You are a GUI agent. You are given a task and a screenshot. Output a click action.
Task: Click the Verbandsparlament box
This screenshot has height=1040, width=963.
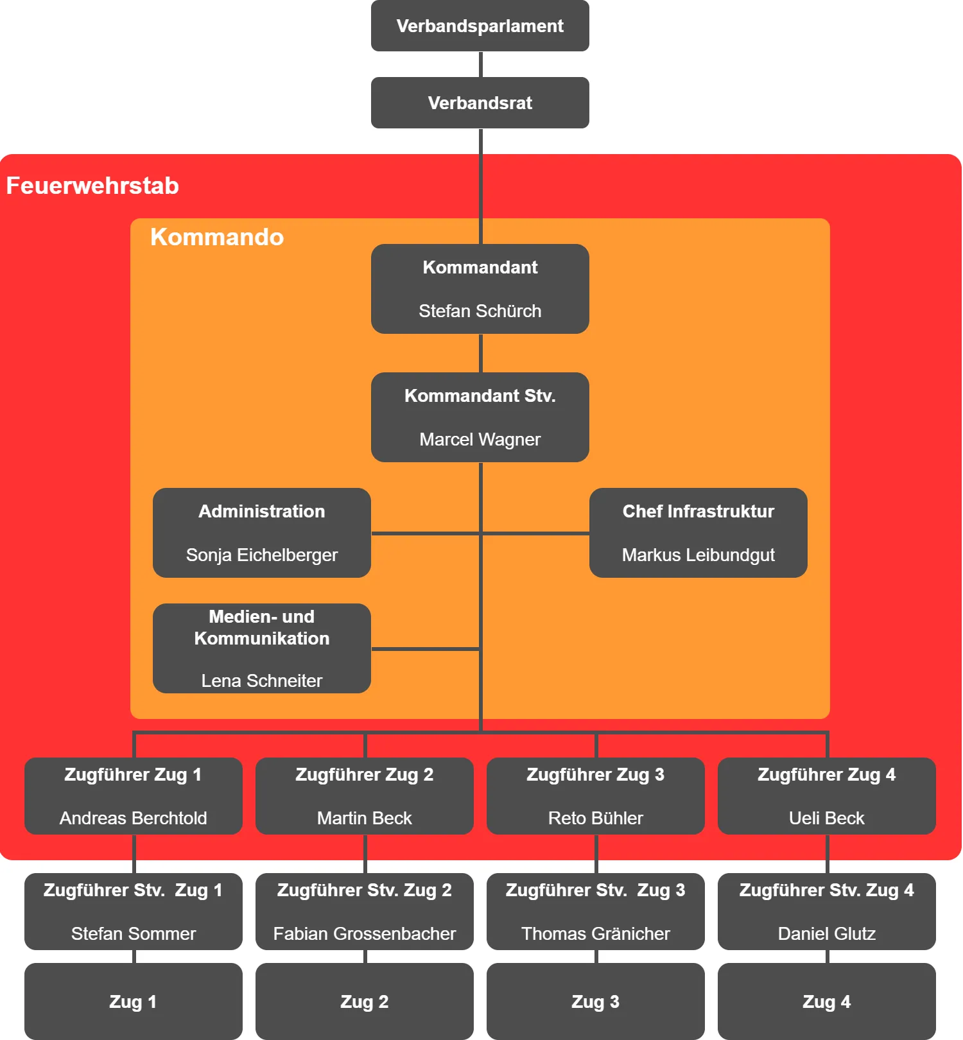pos(480,26)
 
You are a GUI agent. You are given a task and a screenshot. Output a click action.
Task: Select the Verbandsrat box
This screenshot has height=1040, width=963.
pos(480,103)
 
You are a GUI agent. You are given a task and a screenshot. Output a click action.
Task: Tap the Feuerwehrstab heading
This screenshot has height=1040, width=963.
pos(92,186)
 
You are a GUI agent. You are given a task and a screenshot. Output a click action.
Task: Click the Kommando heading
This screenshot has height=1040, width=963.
pos(217,237)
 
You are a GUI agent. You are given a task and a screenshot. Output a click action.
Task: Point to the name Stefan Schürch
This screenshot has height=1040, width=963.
pos(480,311)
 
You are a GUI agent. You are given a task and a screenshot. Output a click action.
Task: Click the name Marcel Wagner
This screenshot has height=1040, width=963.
pos(480,439)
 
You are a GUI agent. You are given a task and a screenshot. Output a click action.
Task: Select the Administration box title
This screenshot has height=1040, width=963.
pos(262,511)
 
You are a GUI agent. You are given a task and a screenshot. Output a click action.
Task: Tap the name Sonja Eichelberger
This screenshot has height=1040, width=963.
pos(262,555)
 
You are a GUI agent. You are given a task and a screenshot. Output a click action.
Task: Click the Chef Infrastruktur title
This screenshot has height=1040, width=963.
pos(698,511)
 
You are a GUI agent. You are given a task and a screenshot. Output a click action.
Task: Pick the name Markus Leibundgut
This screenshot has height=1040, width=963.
pos(698,555)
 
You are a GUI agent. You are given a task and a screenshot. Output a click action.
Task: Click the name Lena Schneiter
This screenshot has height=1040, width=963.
pos(262,680)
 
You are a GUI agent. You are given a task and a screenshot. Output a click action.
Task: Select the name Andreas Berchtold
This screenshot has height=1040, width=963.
pos(134,818)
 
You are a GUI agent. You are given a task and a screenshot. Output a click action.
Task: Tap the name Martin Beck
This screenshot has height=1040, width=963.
pos(365,818)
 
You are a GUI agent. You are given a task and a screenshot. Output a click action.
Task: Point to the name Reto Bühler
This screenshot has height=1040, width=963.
pos(596,818)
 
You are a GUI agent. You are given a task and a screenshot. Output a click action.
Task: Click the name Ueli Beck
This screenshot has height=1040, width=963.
pos(827,818)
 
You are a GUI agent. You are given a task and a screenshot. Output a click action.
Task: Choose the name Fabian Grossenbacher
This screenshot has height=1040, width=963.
pos(365,933)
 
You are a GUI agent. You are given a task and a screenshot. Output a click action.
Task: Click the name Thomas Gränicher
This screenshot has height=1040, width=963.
pos(596,933)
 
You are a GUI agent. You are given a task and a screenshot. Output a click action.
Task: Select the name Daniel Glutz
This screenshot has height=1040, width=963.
pos(827,933)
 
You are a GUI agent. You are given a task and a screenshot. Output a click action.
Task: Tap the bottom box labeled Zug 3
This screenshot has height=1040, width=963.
pos(596,1001)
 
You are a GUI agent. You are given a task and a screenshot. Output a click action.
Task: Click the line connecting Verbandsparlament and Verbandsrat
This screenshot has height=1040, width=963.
pos(480,64)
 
